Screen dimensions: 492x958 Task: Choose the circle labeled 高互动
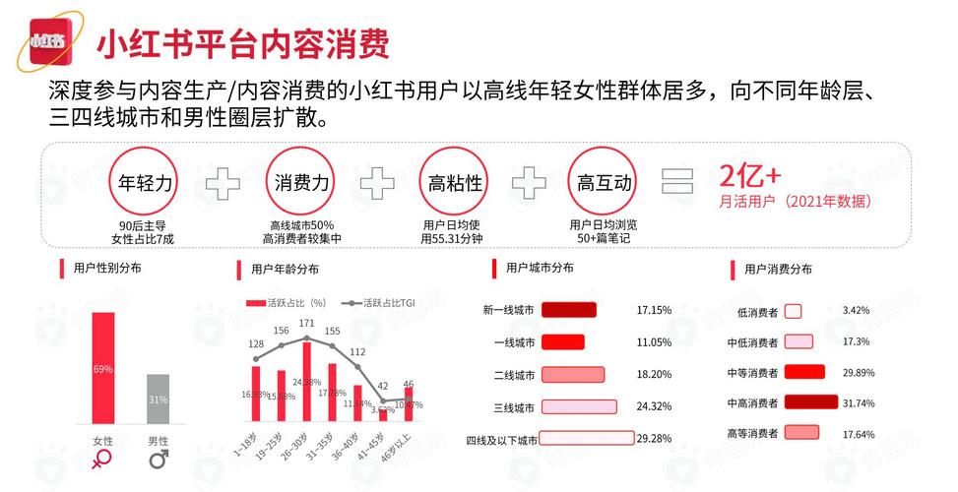click(606, 182)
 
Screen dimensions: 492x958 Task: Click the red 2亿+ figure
click(750, 176)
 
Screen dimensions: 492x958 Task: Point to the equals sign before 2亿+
click(677, 182)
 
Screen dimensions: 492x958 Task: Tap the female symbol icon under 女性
click(102, 459)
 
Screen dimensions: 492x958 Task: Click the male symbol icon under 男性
click(159, 459)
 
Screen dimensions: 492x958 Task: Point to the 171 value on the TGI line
click(307, 323)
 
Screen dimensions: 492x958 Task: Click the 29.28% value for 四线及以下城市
click(655, 438)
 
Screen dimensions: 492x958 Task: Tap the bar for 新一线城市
click(570, 310)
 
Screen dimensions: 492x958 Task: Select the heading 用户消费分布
click(778, 269)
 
